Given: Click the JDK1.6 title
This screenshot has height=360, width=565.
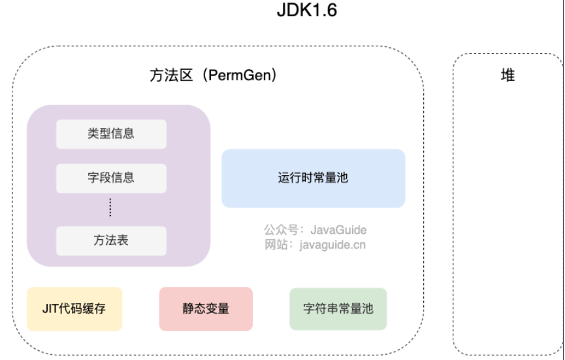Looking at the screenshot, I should click(x=307, y=11).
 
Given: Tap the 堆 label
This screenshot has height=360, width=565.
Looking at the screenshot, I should click(x=508, y=76).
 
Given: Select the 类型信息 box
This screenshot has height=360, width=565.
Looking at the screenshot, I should click(x=111, y=134).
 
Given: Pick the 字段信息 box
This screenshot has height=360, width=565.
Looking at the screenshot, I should click(x=111, y=178).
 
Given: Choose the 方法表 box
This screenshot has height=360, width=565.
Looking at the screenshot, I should click(x=111, y=240).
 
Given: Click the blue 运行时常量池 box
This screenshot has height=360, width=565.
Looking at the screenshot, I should click(x=313, y=178).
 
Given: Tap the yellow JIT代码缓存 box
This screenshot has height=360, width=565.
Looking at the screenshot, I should click(x=74, y=308).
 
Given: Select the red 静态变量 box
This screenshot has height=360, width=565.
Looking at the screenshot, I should click(x=206, y=308).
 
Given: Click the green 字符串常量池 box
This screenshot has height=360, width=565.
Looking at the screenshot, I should click(x=338, y=308).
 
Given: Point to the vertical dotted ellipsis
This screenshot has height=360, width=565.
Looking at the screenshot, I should click(x=110, y=208).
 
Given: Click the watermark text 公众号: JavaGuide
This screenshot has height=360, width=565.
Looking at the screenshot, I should click(x=315, y=230).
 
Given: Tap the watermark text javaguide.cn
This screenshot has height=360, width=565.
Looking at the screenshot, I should click(x=332, y=245).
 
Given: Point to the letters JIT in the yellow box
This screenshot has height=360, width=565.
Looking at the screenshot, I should click(x=52, y=308).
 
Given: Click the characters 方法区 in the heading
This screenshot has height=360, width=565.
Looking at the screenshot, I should click(x=172, y=76).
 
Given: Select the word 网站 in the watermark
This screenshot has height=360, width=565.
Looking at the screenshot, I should click(x=275, y=245).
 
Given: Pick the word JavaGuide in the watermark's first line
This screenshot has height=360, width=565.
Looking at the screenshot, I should click(x=338, y=230).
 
